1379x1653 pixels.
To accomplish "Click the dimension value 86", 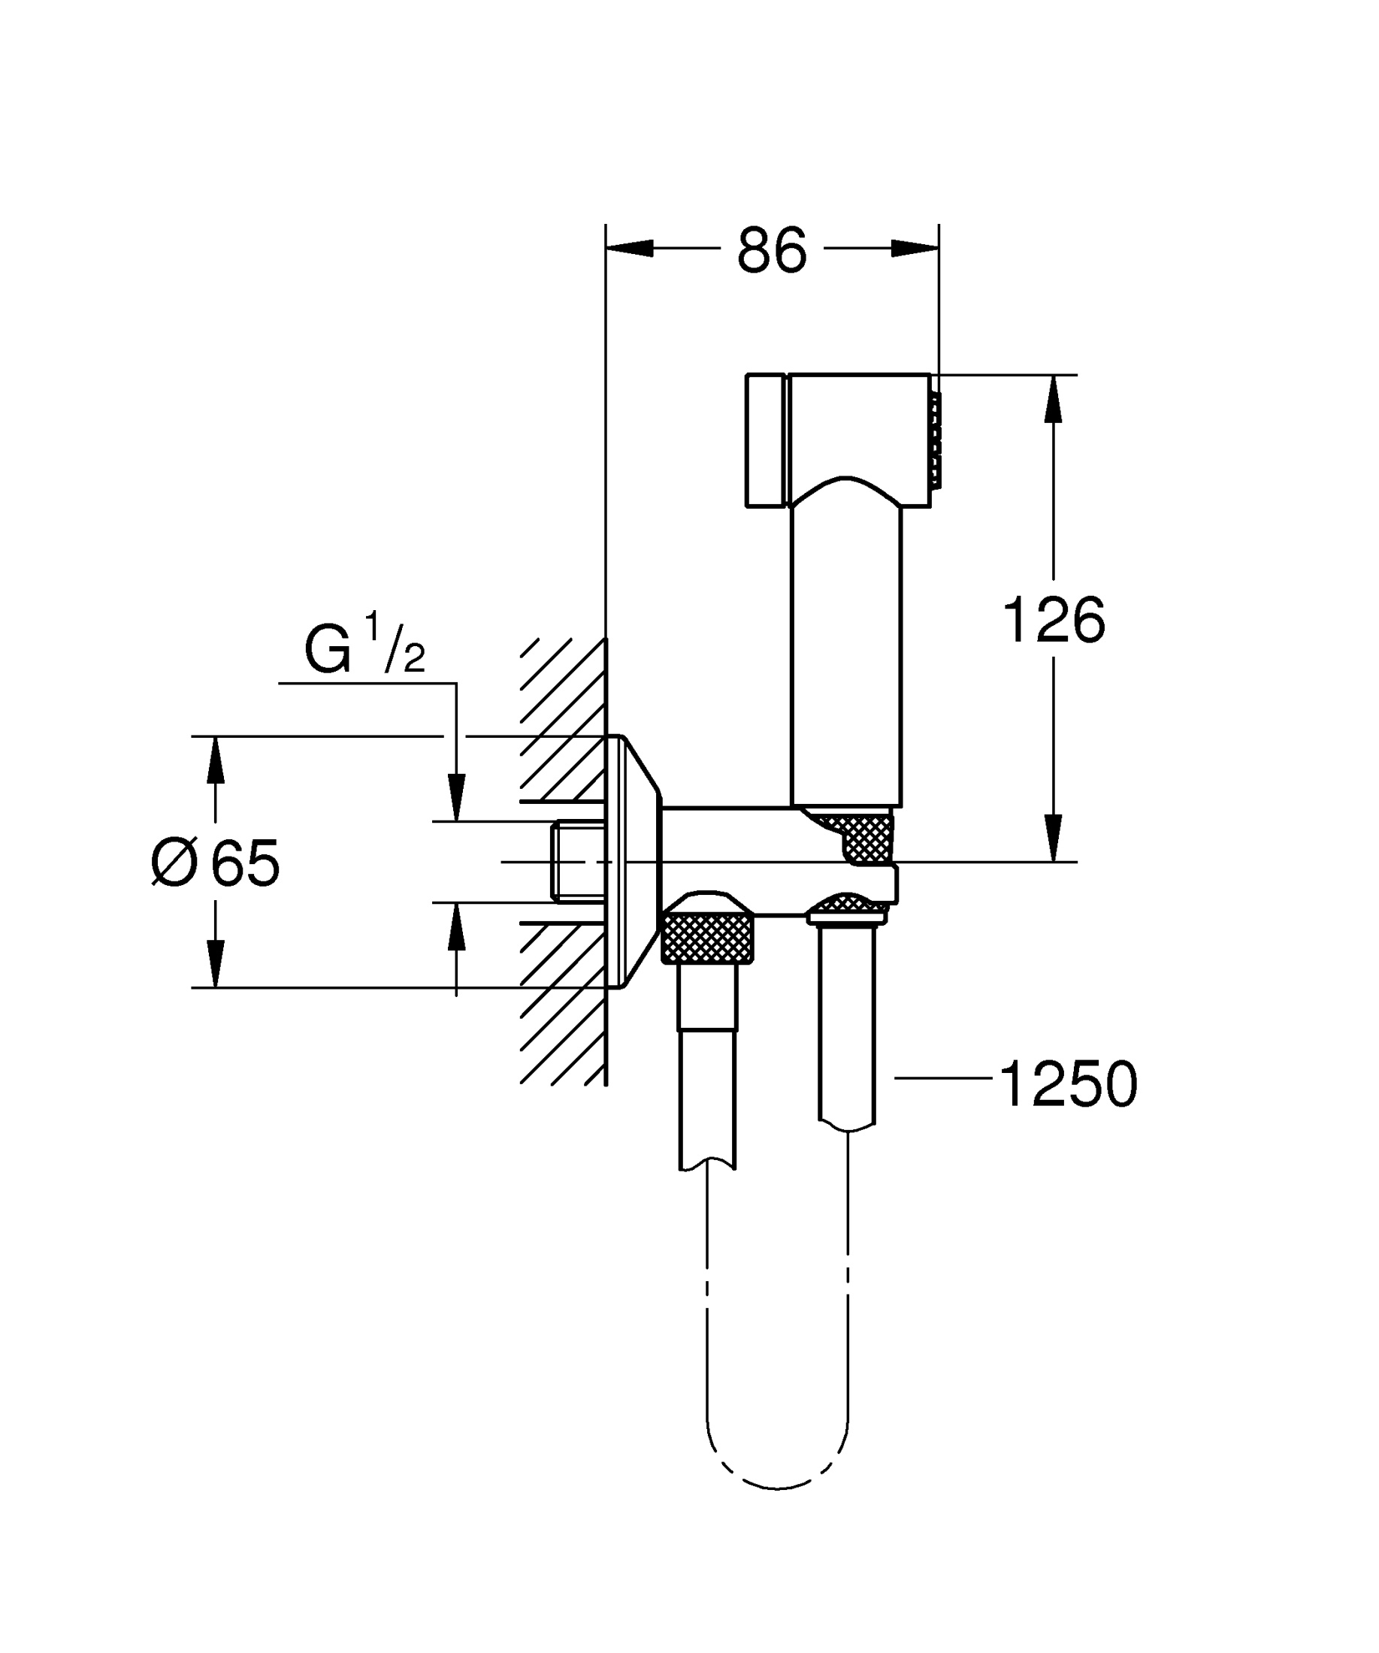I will click(x=771, y=250).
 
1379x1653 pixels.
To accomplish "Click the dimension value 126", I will click(x=1053, y=621).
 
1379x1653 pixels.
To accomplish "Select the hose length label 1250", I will click(x=1068, y=1085).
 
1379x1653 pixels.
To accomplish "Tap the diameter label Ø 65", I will click(x=216, y=863).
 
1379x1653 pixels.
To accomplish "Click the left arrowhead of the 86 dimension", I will click(x=630, y=248).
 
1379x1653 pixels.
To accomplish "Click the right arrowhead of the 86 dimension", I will click(x=915, y=248).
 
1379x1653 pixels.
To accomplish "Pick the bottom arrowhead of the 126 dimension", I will click(x=1053, y=839).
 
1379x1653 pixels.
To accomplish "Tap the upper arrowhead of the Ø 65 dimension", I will click(x=216, y=760).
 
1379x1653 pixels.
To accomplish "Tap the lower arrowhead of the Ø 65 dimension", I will click(x=216, y=963).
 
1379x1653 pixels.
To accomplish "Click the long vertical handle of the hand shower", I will click(x=846, y=654).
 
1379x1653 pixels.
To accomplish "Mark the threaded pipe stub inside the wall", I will click(x=579, y=861).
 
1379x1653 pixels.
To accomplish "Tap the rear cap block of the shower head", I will click(x=765, y=441).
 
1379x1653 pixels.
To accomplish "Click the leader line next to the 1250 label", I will click(x=943, y=1077).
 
